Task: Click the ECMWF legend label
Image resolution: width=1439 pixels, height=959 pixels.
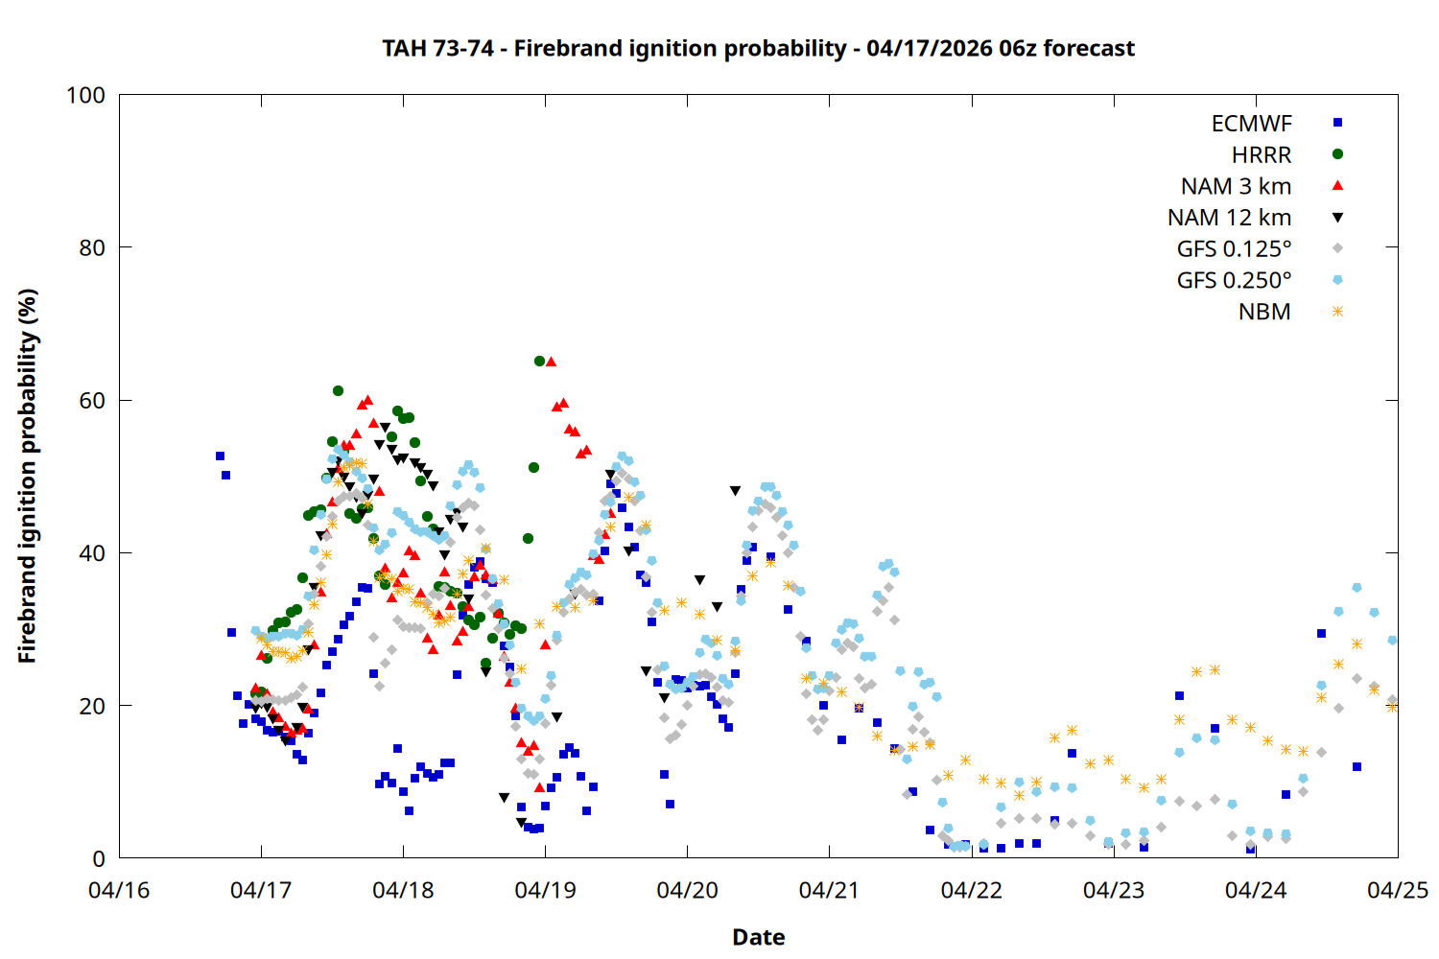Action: tap(1251, 124)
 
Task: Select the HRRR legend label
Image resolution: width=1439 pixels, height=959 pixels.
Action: tap(1262, 155)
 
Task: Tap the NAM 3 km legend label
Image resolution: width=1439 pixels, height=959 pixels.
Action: tap(1236, 186)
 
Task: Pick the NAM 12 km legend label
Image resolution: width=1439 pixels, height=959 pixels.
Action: tap(1229, 218)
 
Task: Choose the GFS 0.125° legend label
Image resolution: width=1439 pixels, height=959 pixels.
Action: tap(1234, 249)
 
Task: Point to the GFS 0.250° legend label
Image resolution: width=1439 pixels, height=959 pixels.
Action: tap(1234, 281)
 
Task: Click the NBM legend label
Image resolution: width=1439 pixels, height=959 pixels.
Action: tap(1264, 313)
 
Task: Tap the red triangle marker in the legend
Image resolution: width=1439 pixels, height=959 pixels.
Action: tap(1337, 185)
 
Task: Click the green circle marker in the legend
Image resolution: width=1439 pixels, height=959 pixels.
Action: tap(1337, 154)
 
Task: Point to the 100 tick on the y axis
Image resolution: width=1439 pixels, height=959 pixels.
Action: tap(85, 95)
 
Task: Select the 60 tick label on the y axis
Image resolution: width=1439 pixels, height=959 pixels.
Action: tap(92, 401)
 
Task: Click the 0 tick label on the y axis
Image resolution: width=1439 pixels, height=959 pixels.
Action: tap(99, 859)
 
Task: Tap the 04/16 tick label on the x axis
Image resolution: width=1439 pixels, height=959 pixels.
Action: tap(119, 891)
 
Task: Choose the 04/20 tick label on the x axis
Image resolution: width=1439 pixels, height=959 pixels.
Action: tap(687, 891)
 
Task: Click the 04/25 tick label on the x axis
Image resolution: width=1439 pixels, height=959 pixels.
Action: tap(1397, 891)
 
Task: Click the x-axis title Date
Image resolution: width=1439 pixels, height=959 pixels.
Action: tap(758, 937)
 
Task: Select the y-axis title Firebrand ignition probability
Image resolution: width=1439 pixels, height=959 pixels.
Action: tap(27, 476)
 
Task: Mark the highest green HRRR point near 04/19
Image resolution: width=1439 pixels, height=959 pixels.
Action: tap(539, 362)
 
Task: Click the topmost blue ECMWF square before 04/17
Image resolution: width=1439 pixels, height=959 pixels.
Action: tap(220, 456)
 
